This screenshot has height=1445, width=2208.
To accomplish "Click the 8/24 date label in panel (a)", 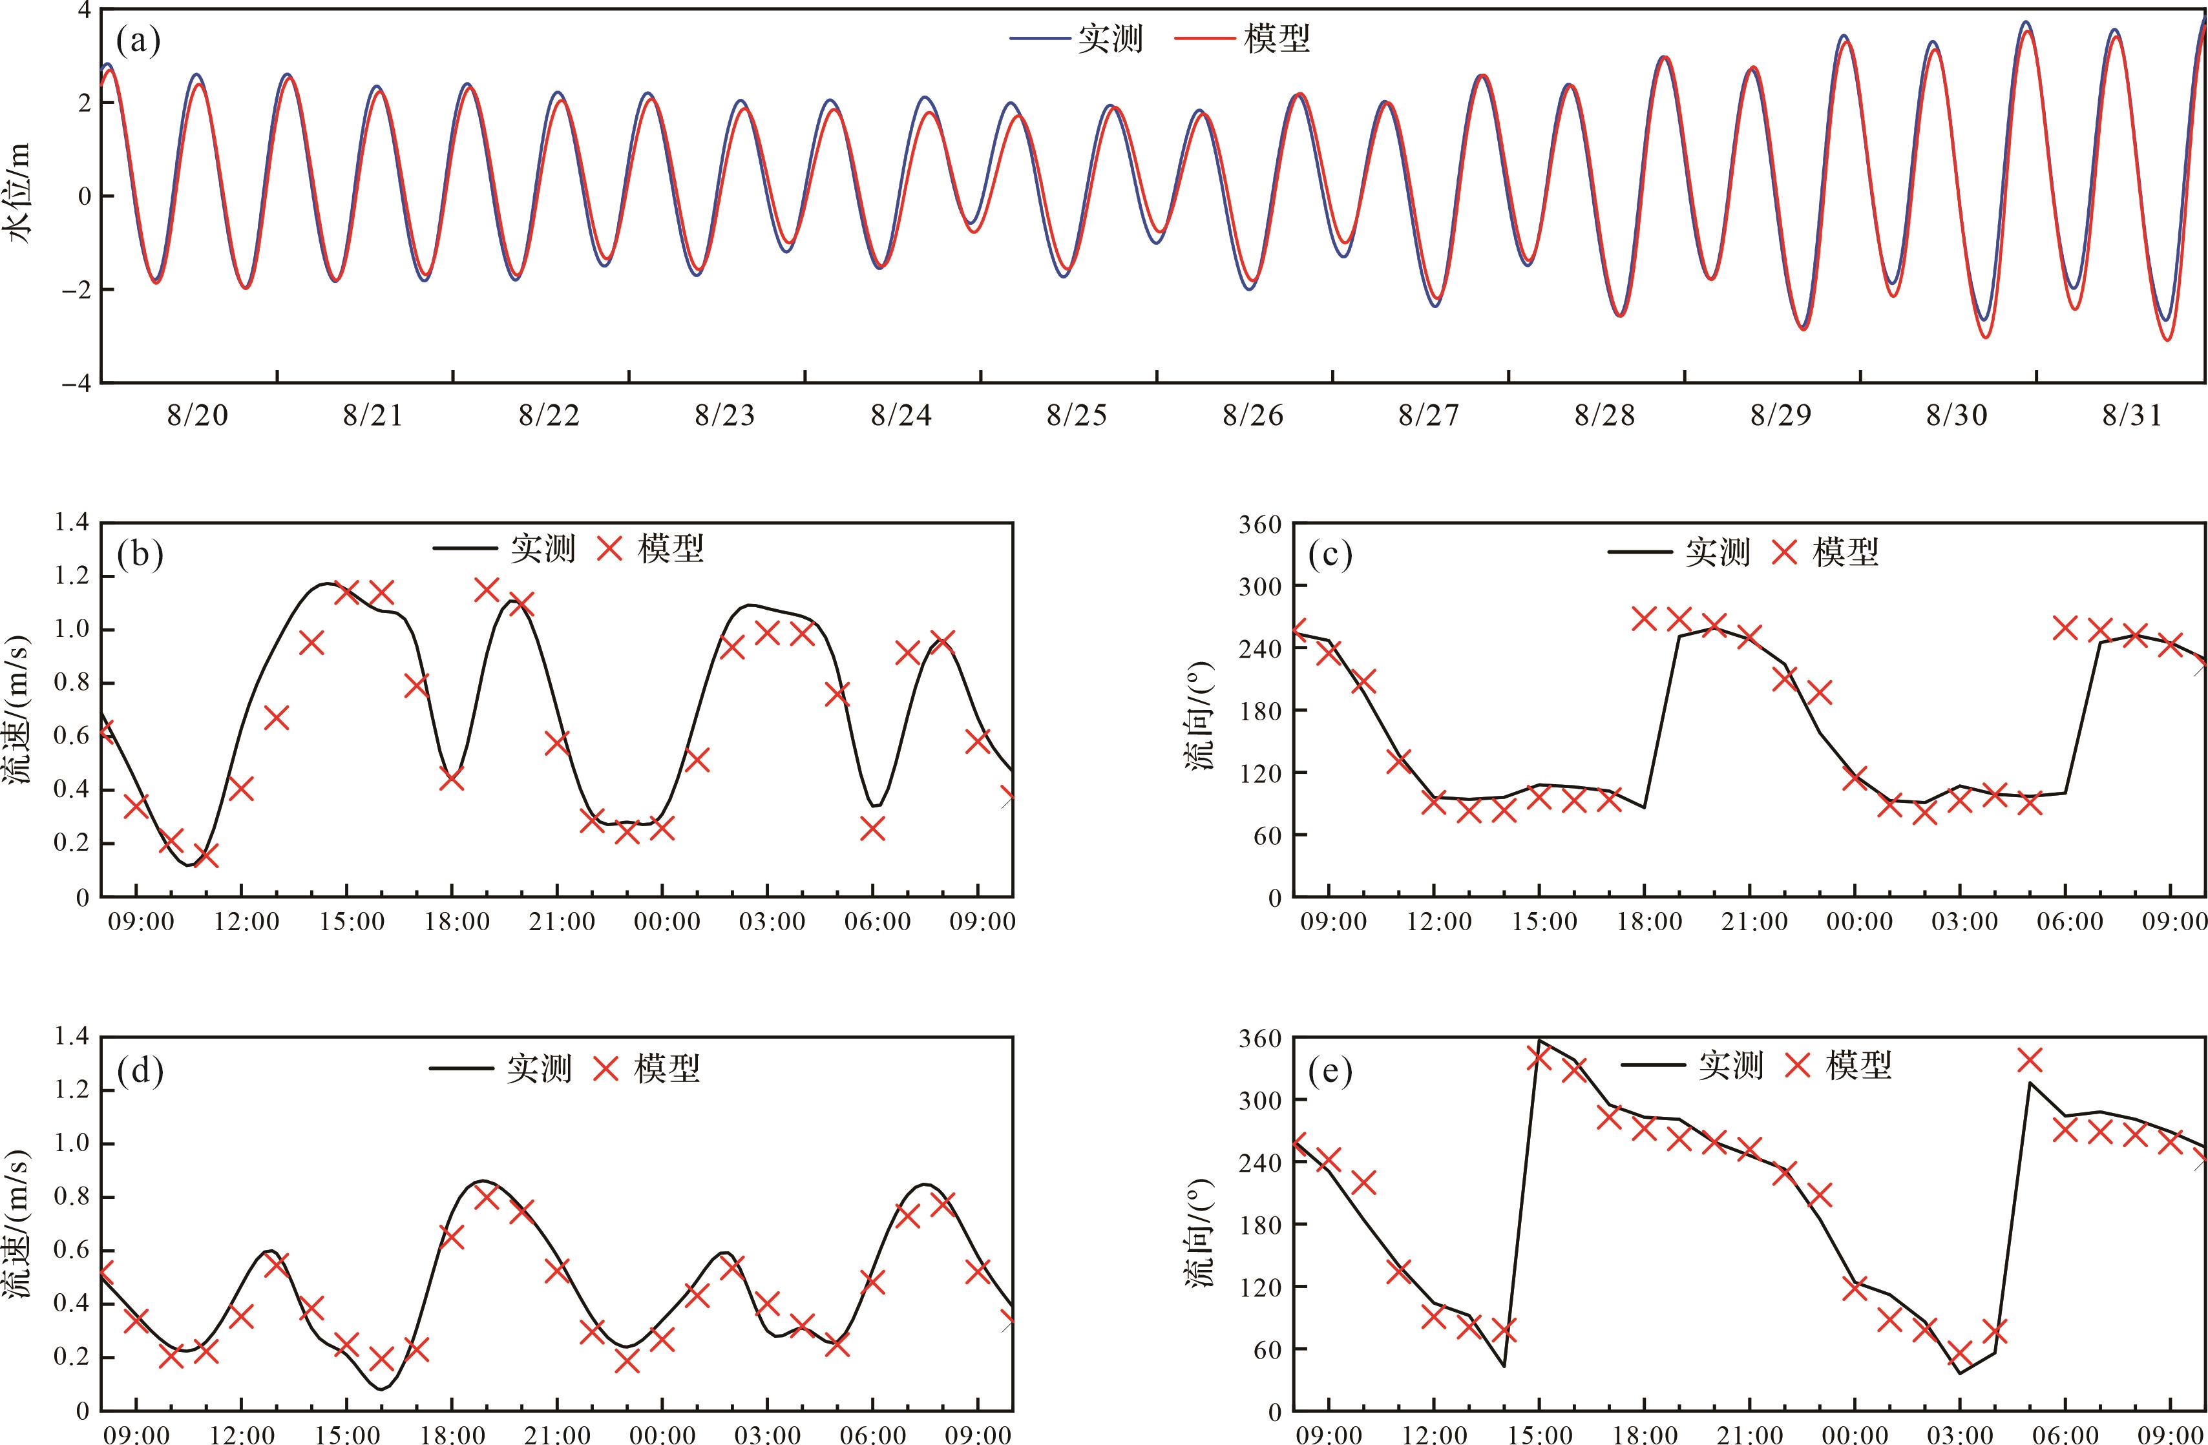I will tap(900, 415).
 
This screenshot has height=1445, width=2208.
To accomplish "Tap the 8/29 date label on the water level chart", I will tap(1780, 415).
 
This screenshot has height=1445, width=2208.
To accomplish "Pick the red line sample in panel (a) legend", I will tap(1206, 39).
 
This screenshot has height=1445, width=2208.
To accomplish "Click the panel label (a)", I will tap(138, 41).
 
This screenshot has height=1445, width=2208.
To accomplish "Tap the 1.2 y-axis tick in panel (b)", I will tap(72, 577).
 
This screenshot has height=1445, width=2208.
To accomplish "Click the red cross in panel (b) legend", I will tap(609, 549).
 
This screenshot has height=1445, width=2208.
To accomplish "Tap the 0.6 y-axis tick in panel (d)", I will tap(72, 1250).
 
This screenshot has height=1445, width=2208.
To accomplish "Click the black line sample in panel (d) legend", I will tap(461, 1068).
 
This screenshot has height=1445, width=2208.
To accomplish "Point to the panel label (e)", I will tap(1329, 1071).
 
